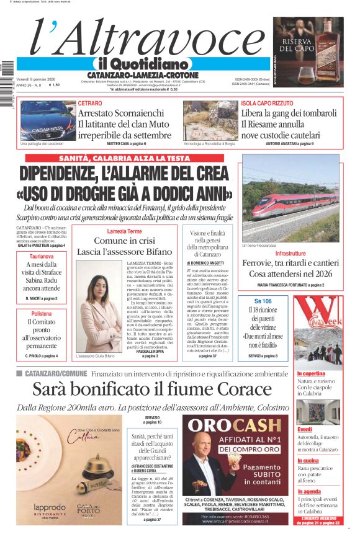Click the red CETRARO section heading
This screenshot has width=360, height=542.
point(90,103)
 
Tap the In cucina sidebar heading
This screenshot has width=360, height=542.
point(308,460)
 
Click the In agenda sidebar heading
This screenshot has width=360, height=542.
point(309,491)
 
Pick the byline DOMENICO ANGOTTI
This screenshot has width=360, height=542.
point(205,263)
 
